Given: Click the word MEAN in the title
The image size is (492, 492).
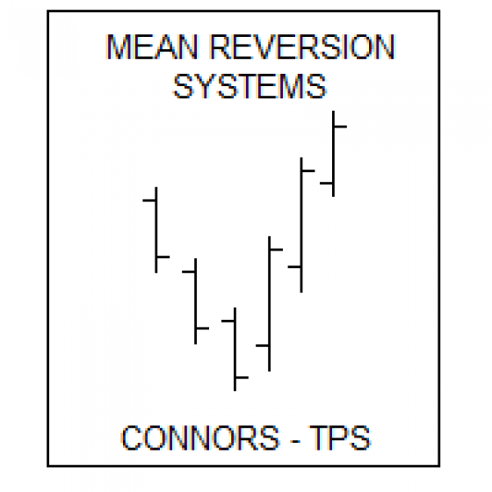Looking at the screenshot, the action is tap(153, 47).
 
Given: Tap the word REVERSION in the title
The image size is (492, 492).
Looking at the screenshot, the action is tap(302, 47).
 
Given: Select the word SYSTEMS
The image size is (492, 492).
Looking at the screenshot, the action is tap(250, 86).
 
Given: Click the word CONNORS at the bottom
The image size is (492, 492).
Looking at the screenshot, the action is tap(200, 438).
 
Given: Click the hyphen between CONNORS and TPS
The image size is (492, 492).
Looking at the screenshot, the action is tap(295, 441).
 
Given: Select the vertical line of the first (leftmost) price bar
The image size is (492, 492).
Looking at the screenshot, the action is tap(156, 230).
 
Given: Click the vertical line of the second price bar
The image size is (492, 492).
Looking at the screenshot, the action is tap(195, 301).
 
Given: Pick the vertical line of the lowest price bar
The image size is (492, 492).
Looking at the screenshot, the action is tap(235, 350).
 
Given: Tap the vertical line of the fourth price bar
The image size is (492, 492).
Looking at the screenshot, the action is tap(269, 304).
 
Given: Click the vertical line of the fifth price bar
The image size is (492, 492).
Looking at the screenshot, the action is tap(301, 225).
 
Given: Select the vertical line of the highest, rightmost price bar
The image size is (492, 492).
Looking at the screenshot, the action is tap(333, 154).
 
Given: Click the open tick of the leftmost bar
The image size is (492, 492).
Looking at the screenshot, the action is tap(148, 200).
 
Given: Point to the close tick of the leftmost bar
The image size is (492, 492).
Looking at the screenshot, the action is tap(163, 257).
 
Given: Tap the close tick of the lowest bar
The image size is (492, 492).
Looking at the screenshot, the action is tap(242, 378).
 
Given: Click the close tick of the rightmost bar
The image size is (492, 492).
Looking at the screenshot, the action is tap(341, 127).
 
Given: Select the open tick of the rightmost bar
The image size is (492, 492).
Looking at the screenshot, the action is tap(326, 183).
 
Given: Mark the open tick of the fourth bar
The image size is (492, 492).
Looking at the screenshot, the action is tap(262, 345).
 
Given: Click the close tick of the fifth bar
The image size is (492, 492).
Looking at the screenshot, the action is tap(308, 171).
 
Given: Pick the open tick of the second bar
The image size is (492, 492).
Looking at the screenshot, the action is tap(188, 271).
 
